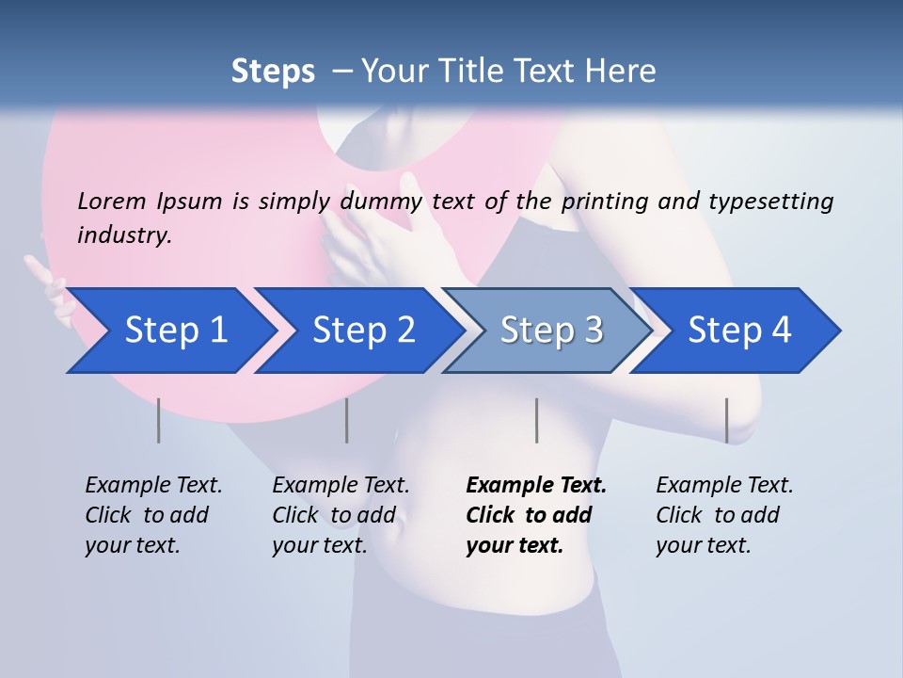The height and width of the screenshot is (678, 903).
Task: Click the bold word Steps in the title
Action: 273,72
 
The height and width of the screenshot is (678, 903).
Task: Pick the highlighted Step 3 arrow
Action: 551,331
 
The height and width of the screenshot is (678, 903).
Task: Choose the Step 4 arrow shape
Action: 739,331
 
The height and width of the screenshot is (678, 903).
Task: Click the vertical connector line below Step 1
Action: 158,420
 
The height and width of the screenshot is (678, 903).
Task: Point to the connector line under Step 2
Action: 346,420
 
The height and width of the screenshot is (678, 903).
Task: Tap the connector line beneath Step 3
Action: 536,420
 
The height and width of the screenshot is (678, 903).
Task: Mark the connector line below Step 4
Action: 726,420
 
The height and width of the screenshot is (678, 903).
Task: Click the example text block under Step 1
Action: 153,515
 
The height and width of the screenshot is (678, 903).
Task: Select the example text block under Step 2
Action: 341,515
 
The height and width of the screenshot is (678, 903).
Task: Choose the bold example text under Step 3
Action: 536,515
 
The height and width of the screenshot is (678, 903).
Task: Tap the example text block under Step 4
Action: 724,515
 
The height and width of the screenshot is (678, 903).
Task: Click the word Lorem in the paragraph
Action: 112,201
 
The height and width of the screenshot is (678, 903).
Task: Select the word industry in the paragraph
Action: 123,235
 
